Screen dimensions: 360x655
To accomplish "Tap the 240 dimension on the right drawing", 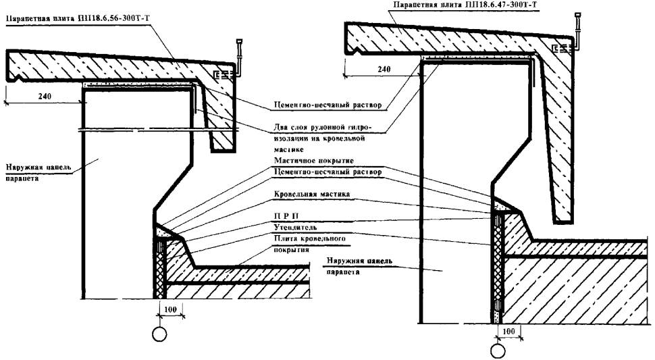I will pyautogui.click(x=384, y=69).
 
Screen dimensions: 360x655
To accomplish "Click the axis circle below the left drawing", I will pyautogui.click(x=160, y=334).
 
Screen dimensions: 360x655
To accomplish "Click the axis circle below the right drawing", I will pyautogui.click(x=498, y=351).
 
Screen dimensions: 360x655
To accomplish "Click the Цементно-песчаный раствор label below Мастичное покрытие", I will pyautogui.click(x=327, y=173).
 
